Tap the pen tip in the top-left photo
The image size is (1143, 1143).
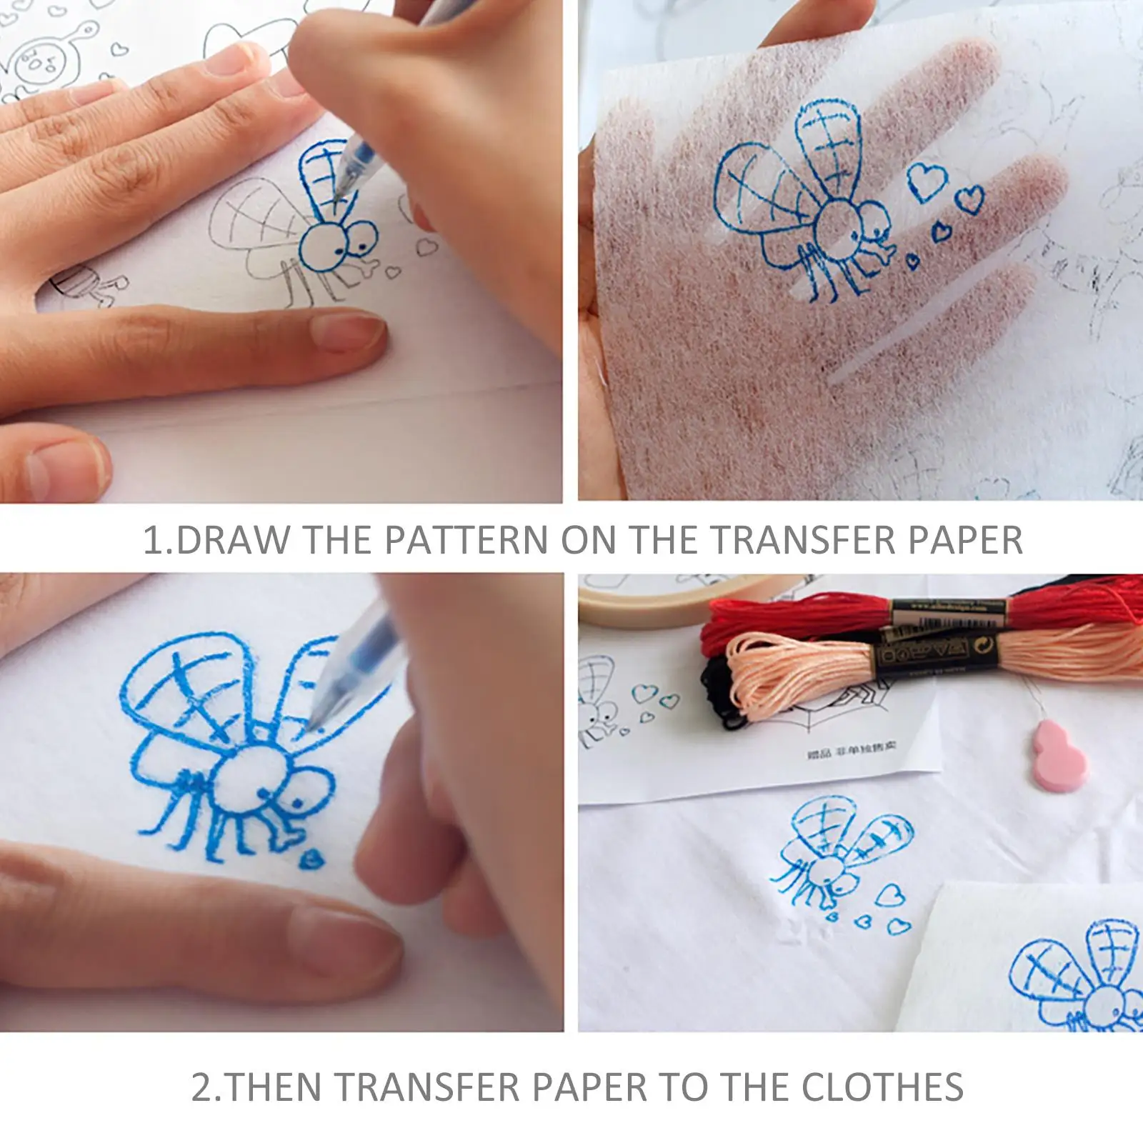pos(341,187)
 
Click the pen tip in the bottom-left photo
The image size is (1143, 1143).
pos(311,723)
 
